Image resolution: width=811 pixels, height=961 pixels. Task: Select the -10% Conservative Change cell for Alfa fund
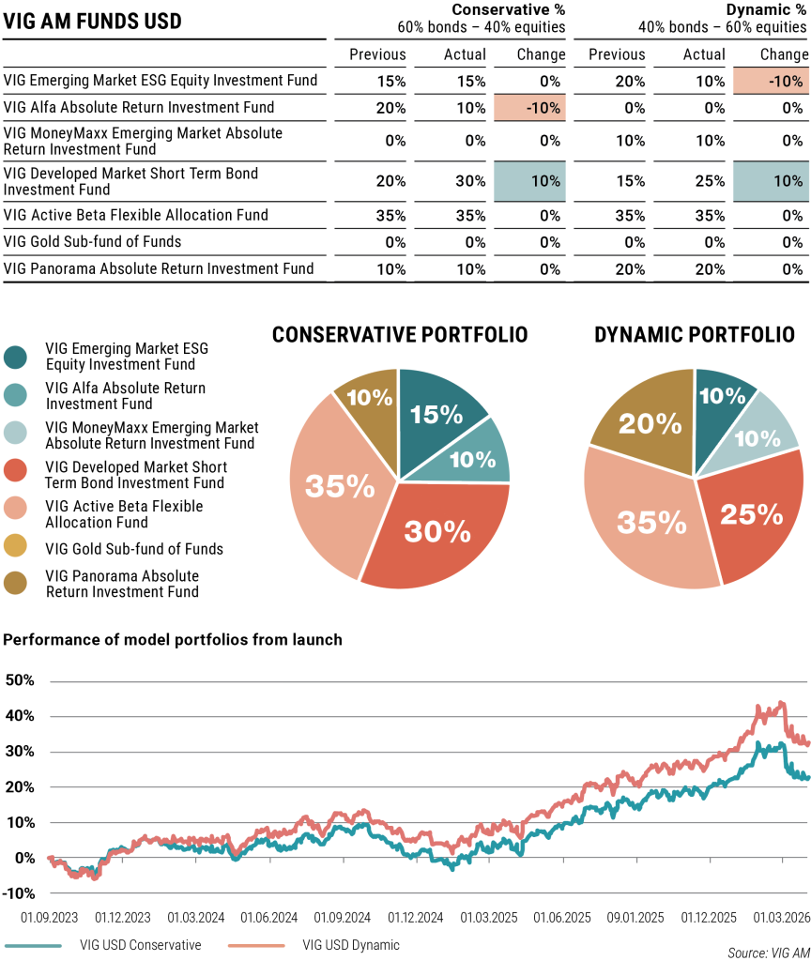point(530,108)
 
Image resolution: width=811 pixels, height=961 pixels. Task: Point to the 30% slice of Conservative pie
point(437,532)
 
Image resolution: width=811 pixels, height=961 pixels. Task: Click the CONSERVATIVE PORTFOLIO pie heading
point(400,335)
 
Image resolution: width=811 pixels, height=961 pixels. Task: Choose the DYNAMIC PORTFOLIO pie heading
point(695,335)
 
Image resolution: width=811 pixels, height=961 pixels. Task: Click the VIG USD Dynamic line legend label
point(351,944)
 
